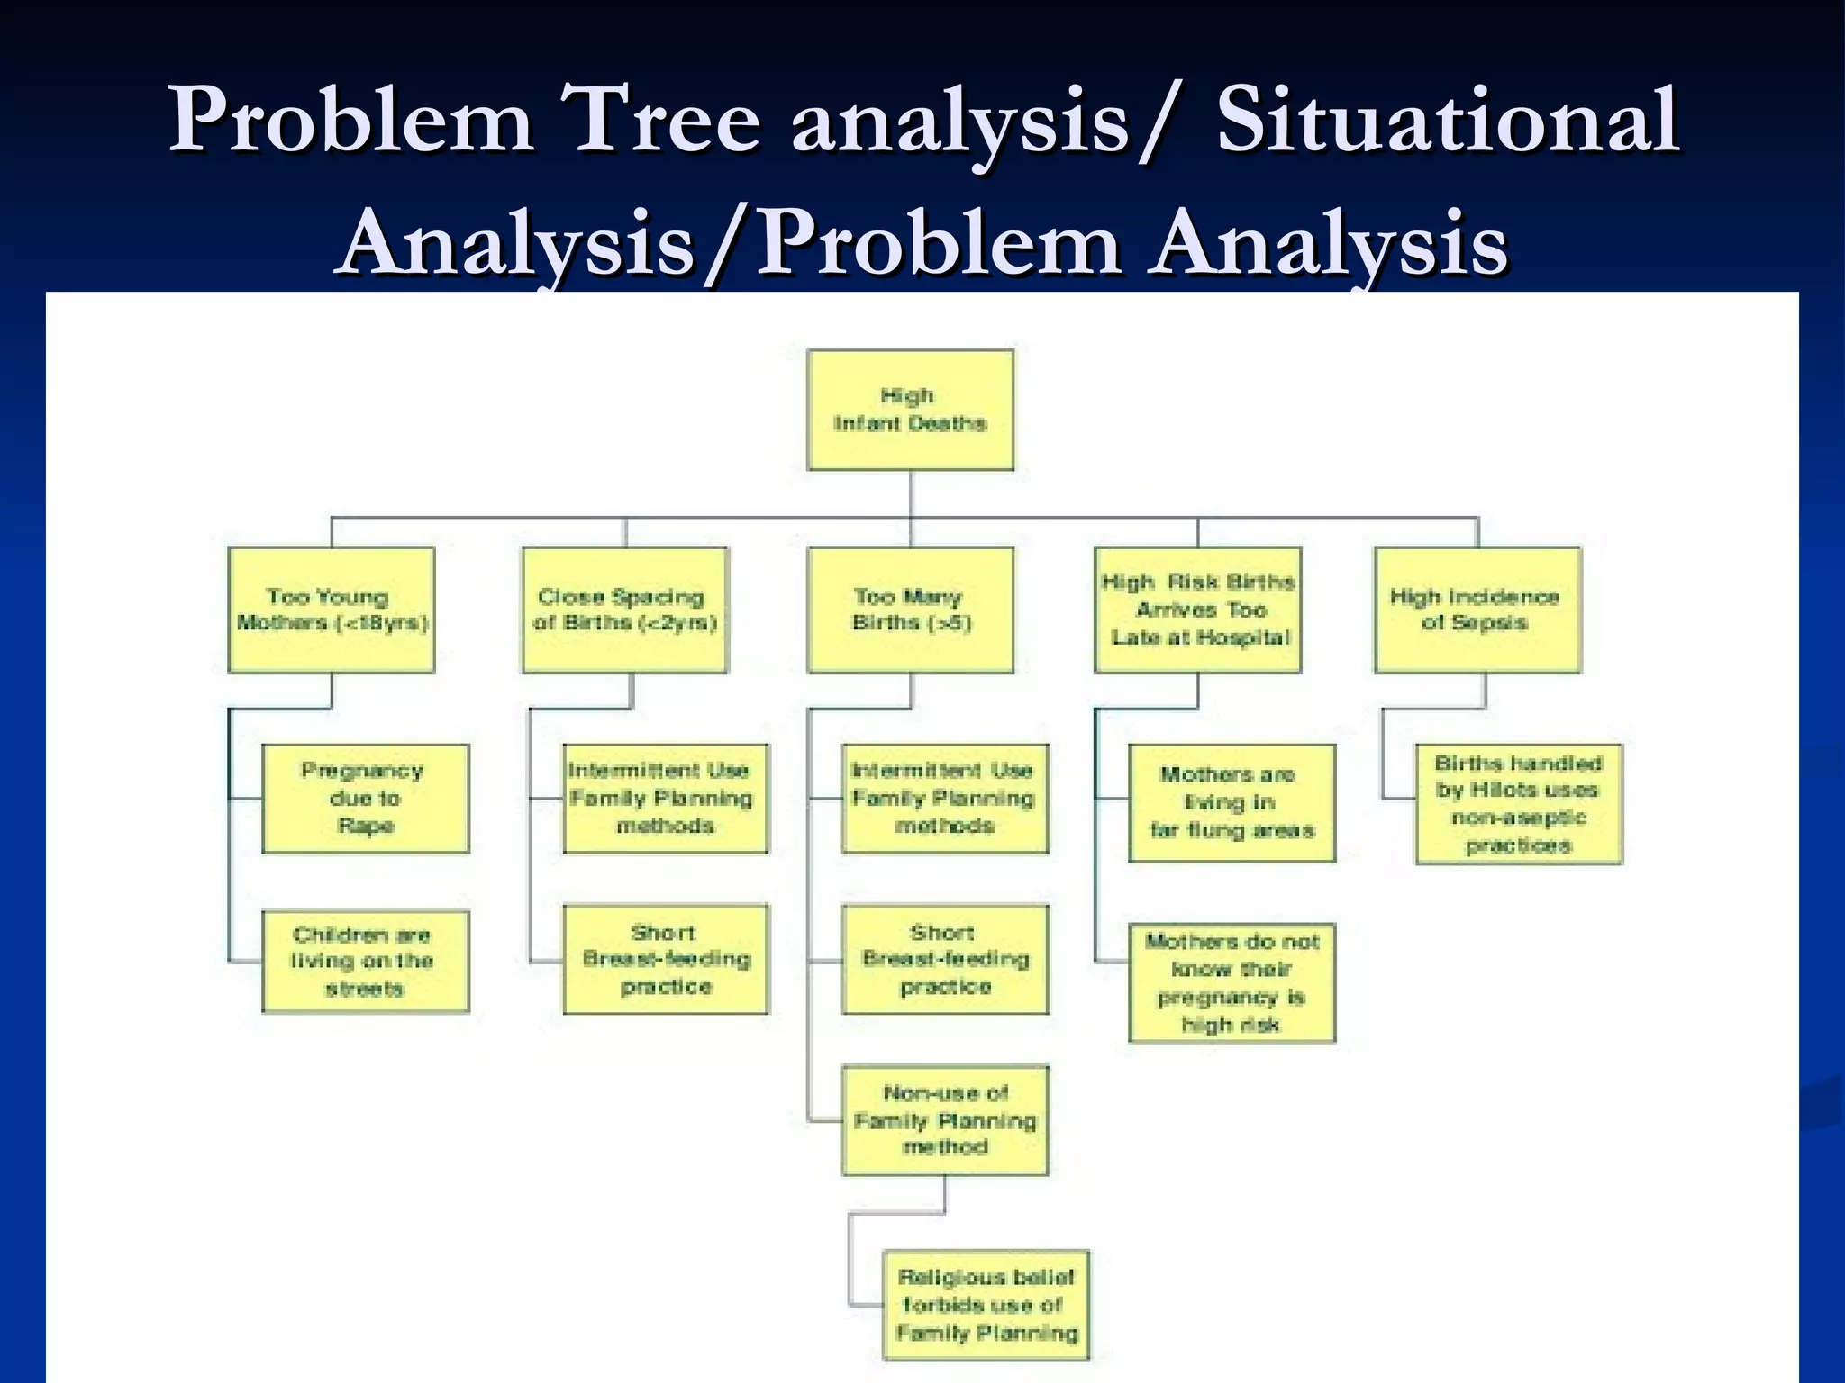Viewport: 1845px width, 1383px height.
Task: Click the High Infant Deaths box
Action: (910, 410)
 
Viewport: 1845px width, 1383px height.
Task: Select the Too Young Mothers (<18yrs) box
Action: (332, 610)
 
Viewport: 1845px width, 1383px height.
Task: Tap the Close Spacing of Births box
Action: (624, 610)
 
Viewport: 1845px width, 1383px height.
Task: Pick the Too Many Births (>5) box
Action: (910, 610)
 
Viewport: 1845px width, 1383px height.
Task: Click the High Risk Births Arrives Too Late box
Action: (1197, 610)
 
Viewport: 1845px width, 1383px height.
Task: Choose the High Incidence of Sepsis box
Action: (1477, 610)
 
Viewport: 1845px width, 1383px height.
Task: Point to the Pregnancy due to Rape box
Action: (365, 798)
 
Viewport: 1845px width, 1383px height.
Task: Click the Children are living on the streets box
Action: (365, 961)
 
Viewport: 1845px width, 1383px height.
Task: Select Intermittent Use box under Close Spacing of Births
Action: (666, 798)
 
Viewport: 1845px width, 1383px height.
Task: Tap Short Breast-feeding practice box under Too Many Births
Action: (944, 959)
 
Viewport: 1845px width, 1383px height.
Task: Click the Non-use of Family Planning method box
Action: (944, 1120)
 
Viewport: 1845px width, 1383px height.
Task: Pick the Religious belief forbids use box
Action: (986, 1305)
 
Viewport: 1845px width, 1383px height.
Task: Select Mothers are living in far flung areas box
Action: (1232, 802)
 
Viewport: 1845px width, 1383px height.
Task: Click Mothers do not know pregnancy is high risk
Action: (1232, 982)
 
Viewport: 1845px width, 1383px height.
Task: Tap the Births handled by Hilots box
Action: (1519, 803)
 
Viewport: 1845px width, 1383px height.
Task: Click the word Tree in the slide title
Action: (659, 122)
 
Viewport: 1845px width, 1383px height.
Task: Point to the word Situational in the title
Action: (1447, 122)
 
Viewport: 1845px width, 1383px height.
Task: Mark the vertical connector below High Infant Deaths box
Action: (911, 493)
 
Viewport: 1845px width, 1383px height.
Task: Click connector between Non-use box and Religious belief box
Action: (945, 1194)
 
